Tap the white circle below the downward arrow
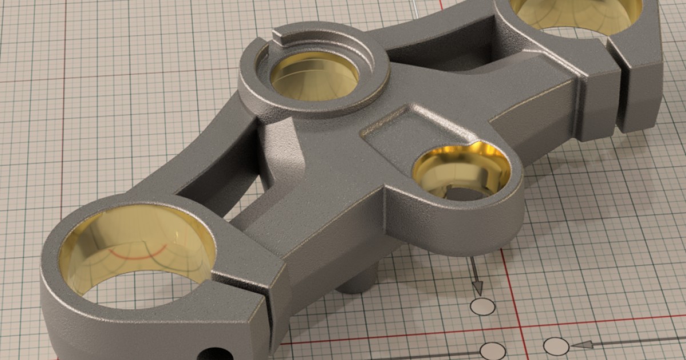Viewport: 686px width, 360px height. tap(482, 306)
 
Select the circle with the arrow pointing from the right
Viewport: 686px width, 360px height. tap(556, 346)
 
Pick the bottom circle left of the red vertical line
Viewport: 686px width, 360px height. tap(492, 351)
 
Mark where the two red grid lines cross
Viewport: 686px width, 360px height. tap(522, 328)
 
